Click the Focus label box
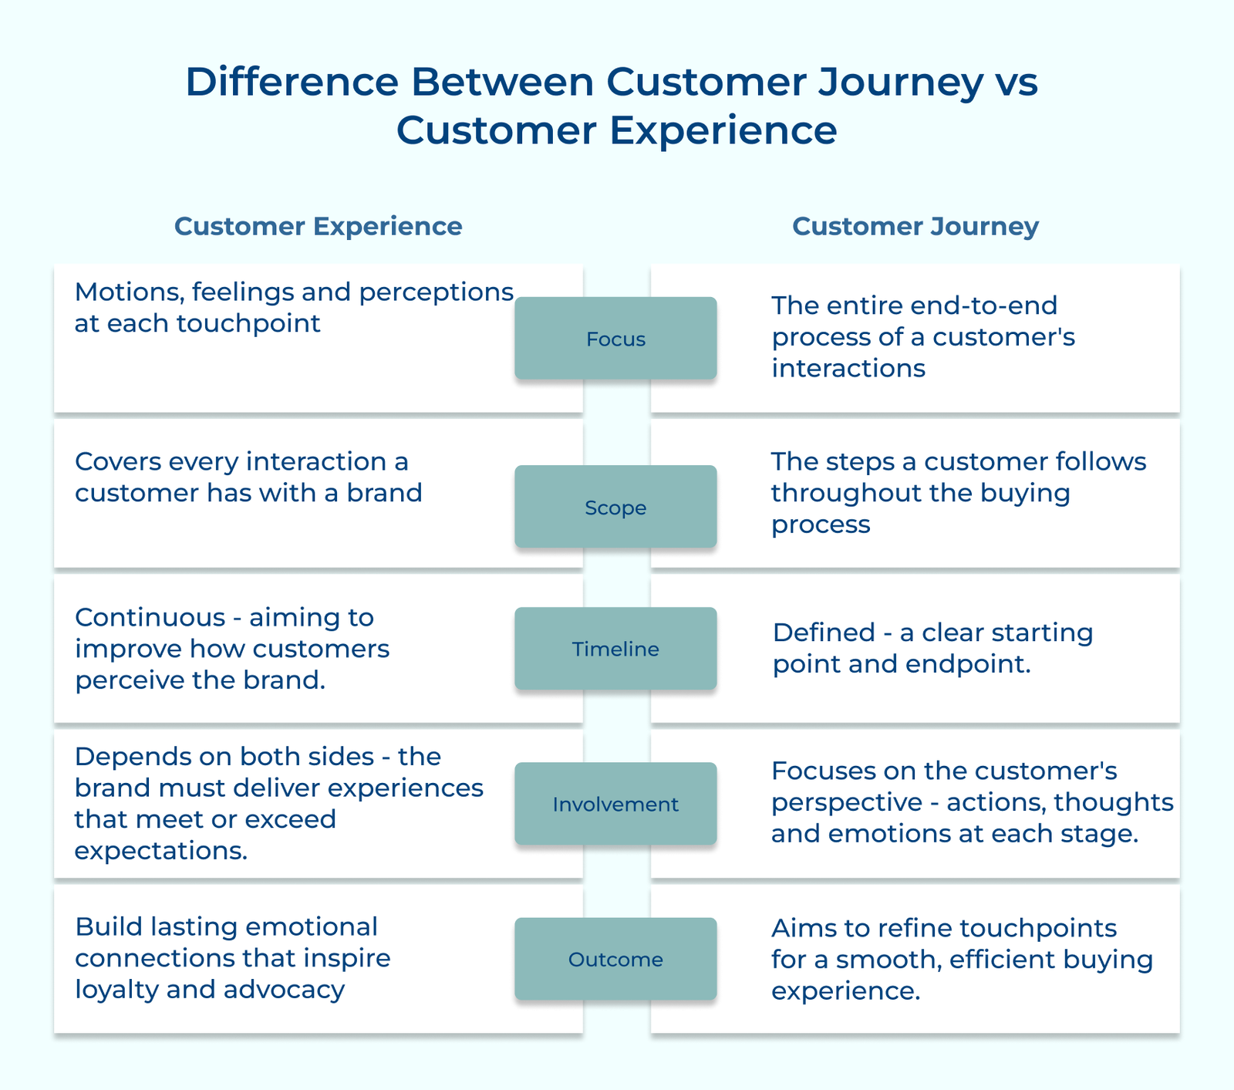click(615, 339)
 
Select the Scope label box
click(615, 507)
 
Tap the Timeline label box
click(615, 649)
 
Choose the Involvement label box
click(615, 804)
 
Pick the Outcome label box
click(615, 959)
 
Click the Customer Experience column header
click(318, 226)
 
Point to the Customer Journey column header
click(915, 226)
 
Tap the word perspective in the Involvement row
click(846, 802)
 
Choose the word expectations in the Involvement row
click(160, 851)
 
